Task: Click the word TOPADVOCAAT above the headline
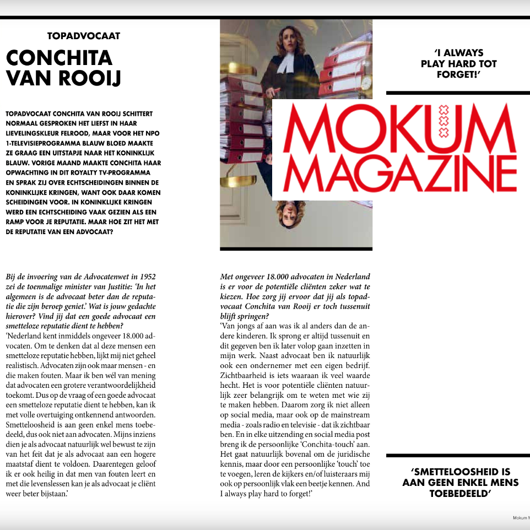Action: tap(84, 36)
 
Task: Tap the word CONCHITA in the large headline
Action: tap(59, 58)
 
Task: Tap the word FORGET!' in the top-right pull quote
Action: tap(458, 74)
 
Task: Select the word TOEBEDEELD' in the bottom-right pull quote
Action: tap(460, 494)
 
